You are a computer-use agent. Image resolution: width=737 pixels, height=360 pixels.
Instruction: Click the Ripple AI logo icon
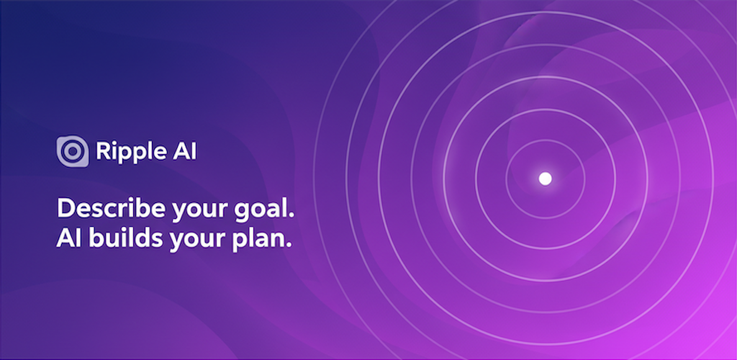[73, 152]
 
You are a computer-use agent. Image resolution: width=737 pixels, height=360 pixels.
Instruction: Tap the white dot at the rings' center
[546, 178]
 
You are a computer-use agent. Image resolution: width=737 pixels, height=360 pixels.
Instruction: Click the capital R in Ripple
[102, 152]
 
